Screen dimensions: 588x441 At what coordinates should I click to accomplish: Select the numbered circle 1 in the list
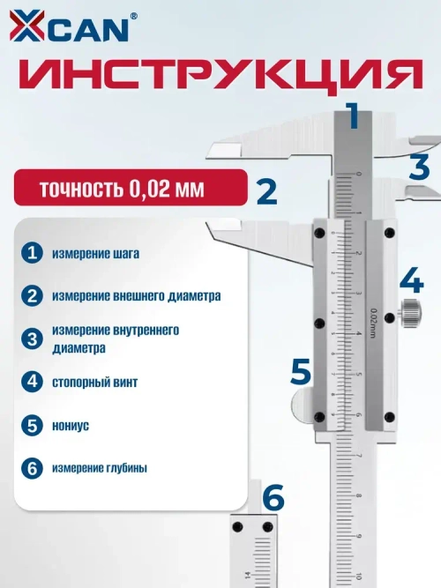coord(33,253)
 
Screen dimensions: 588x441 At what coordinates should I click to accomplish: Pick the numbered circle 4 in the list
coord(33,383)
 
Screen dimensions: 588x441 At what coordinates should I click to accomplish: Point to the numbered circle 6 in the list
coord(33,468)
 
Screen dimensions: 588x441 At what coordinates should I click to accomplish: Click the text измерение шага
coord(95,254)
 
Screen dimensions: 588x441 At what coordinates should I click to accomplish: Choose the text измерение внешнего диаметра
coord(136,295)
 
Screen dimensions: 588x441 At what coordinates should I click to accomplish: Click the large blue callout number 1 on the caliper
coord(353,116)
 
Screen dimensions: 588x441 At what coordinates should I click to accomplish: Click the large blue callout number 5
coord(301,371)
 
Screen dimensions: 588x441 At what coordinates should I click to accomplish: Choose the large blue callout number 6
coord(273,498)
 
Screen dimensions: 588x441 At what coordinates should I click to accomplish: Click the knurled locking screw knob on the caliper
coord(409,312)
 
